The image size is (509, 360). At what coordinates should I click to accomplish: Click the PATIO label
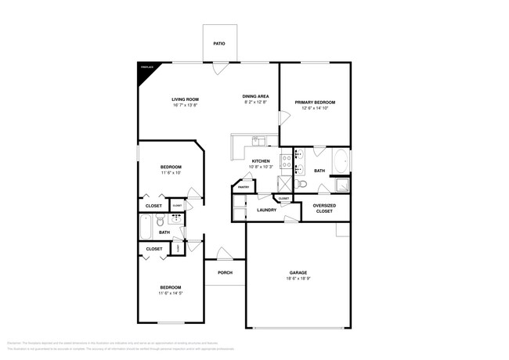point(219,44)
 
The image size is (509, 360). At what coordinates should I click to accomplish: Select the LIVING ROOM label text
point(186,99)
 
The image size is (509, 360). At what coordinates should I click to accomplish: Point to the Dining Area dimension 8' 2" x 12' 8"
point(255,103)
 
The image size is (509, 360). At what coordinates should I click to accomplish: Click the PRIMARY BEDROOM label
point(315,102)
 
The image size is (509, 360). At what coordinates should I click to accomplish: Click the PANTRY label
point(244,187)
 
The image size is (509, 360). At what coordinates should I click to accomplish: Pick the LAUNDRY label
point(266,210)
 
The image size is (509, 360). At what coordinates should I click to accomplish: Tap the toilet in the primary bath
point(322,186)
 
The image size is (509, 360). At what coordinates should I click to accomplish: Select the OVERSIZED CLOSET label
point(324,207)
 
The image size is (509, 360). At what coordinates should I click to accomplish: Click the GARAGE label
point(298,272)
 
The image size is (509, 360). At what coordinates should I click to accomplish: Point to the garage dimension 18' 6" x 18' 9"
point(298,279)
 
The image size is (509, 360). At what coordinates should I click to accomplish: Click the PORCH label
point(225,272)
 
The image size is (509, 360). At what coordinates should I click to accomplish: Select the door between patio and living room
point(219,68)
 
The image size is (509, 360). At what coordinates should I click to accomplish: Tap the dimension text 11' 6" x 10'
point(171,173)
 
